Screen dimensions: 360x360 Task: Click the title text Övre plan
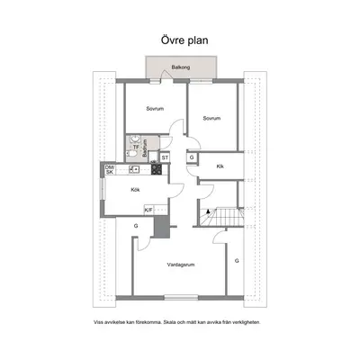[184, 40]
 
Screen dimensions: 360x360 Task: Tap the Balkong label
[181, 67]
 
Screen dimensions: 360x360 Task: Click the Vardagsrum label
[181, 265]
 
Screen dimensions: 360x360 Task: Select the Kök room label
[135, 190]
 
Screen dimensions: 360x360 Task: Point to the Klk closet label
[220, 166]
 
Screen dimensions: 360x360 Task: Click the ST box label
[165, 157]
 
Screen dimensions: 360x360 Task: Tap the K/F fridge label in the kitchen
[148, 210]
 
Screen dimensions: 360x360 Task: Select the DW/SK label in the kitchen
[110, 169]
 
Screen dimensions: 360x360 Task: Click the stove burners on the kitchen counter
[157, 169]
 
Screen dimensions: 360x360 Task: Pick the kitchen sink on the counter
[134, 169]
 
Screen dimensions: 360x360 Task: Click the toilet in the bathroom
[131, 154]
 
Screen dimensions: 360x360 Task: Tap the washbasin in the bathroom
[136, 139]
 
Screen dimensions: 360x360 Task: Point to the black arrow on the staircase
[208, 211]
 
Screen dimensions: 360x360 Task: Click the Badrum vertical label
[145, 148]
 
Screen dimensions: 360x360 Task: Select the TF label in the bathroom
[136, 147]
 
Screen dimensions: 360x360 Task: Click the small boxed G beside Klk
[192, 157]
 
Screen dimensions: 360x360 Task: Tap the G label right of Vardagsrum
[237, 261]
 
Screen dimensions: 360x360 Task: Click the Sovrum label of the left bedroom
[155, 109]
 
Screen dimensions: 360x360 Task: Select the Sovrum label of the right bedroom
[211, 119]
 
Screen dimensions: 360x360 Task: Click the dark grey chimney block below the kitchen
[162, 227]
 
